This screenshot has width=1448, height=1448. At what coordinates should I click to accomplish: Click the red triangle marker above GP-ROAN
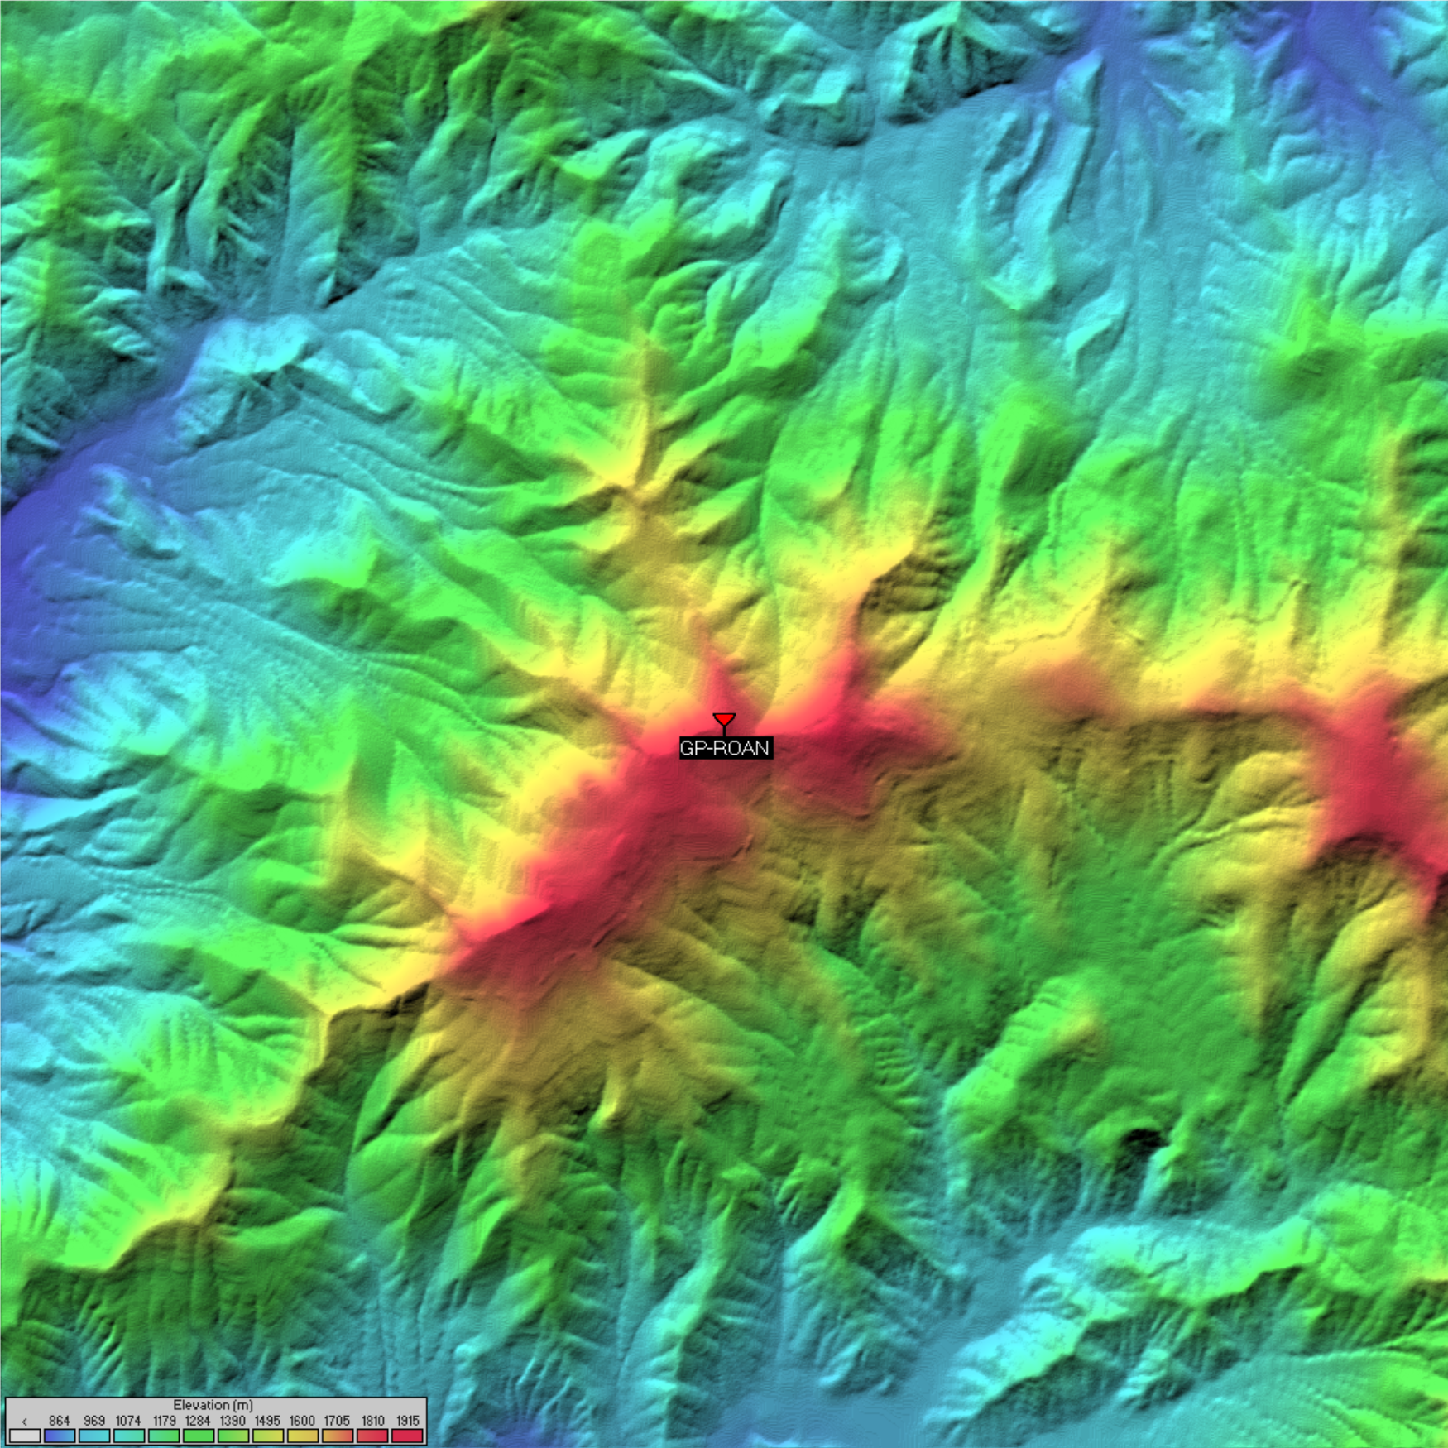pyautogui.click(x=724, y=720)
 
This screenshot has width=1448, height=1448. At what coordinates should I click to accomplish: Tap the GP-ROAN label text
pyautogui.click(x=726, y=749)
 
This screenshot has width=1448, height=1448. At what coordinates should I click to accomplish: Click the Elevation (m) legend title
pyautogui.click(x=213, y=1405)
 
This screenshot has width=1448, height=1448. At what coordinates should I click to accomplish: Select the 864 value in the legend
pyautogui.click(x=59, y=1421)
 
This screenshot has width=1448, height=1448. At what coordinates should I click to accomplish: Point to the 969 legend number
pyautogui.click(x=93, y=1421)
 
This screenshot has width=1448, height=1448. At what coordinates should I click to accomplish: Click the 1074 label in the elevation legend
pyautogui.click(x=128, y=1421)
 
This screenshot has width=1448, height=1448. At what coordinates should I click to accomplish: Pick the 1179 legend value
pyautogui.click(x=164, y=1421)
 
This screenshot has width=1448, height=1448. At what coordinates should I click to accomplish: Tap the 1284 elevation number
pyautogui.click(x=198, y=1421)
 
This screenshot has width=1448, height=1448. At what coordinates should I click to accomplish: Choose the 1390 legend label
pyautogui.click(x=233, y=1421)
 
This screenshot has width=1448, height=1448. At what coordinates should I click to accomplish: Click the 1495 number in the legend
pyautogui.click(x=267, y=1421)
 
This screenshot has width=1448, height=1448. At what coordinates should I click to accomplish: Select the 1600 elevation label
pyautogui.click(x=302, y=1421)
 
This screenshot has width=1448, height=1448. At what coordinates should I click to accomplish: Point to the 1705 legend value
pyautogui.click(x=337, y=1421)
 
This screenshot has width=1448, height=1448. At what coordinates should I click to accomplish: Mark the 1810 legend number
pyautogui.click(x=372, y=1421)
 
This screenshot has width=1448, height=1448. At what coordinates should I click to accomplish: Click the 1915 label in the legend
pyautogui.click(x=407, y=1421)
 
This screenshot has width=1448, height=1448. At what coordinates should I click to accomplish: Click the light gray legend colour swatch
pyautogui.click(x=25, y=1436)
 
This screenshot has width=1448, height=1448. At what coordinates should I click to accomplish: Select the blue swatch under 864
pyautogui.click(x=59, y=1436)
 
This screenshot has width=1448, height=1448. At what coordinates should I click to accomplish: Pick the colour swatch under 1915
pyautogui.click(x=407, y=1436)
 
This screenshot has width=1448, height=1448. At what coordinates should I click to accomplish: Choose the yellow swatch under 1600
pyautogui.click(x=302, y=1436)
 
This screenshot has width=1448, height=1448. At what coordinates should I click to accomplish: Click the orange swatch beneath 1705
pyautogui.click(x=337, y=1436)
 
